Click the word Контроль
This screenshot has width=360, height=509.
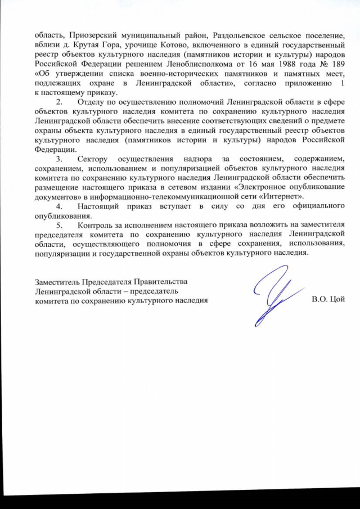(x=97, y=226)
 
